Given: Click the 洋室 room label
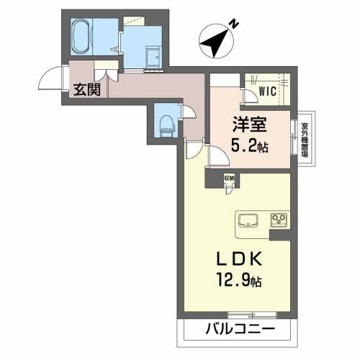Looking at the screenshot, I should (x=250, y=124).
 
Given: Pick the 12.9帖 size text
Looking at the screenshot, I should (x=233, y=279).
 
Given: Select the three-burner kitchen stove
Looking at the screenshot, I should (x=277, y=219).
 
